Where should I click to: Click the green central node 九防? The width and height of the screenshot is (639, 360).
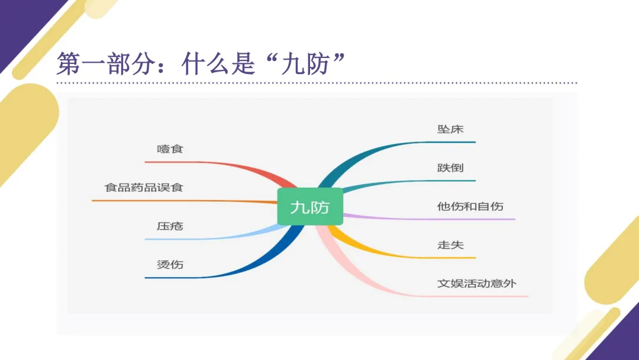310,207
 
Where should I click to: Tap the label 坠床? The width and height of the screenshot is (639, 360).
450,129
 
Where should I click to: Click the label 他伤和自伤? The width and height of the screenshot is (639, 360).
470,207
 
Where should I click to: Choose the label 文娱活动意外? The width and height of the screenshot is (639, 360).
477,283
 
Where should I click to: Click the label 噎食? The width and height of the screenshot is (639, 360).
170,149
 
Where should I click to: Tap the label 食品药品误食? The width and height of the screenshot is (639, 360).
144,188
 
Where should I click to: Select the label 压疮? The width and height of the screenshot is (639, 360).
170,226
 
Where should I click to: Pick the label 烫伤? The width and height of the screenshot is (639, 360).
170,264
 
